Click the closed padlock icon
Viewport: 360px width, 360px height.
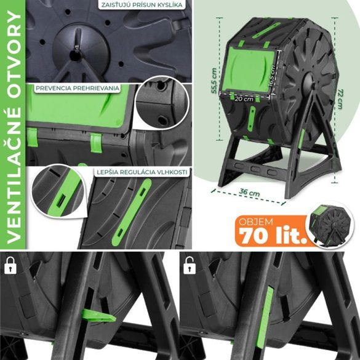(9, 265)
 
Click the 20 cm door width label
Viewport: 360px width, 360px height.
(245, 98)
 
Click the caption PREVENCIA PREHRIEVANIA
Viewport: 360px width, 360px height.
(77, 88)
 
